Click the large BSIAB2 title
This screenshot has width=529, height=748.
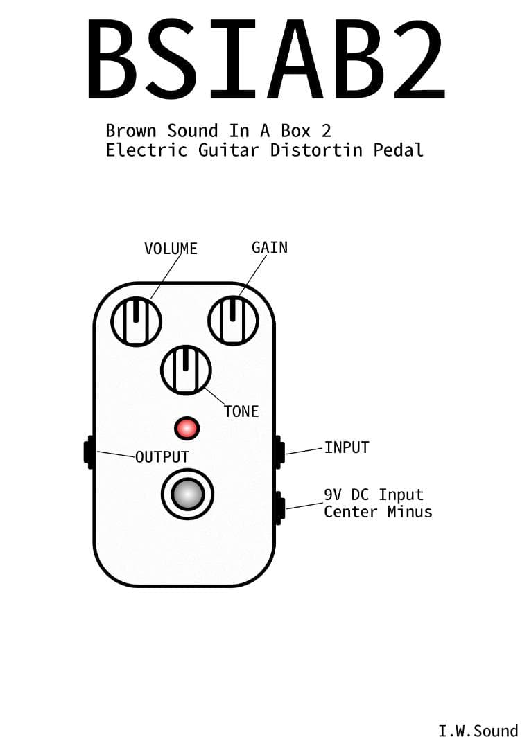click(266, 60)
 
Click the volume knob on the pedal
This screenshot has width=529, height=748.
click(137, 321)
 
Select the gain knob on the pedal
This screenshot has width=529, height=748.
click(234, 320)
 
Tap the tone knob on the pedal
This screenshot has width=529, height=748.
click(186, 370)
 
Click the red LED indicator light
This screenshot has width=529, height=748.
click(187, 427)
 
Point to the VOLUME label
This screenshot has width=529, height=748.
click(171, 249)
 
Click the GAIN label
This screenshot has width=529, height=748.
click(269, 247)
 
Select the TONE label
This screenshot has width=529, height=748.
click(241, 411)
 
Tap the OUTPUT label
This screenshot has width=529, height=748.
click(162, 457)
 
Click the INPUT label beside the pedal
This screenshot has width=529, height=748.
click(347, 447)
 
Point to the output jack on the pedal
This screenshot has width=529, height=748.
click(89, 452)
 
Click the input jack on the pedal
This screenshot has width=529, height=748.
click(279, 450)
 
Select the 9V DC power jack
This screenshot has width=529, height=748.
click(279, 508)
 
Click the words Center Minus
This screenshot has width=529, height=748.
click(378, 512)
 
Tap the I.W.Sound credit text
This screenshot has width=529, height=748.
click(478, 731)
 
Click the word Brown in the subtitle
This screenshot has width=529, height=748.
click(131, 130)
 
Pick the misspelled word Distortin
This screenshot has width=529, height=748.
click(316, 150)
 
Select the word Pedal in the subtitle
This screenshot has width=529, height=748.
click(399, 150)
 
